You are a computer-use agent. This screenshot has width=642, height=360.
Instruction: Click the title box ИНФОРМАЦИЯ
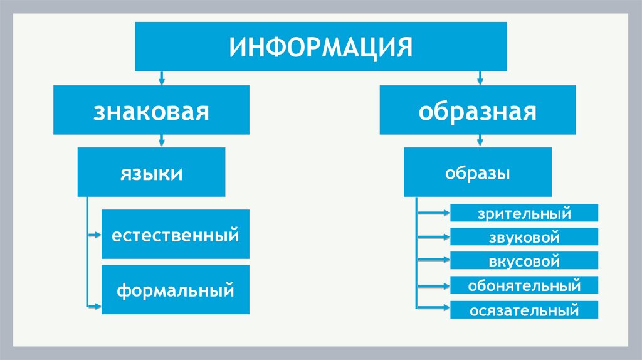coord(320,47)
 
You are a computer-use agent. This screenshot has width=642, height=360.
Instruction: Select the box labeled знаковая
coord(151,110)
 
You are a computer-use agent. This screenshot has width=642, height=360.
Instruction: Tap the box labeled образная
coord(478,110)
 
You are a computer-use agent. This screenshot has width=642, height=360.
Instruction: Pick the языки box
coord(151,172)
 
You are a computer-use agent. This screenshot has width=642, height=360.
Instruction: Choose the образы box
coord(478,172)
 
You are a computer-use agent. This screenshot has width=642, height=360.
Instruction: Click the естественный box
coord(176,235)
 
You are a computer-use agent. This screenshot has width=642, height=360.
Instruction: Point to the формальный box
coord(176,290)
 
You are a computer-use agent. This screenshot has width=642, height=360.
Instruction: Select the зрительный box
coord(524,213)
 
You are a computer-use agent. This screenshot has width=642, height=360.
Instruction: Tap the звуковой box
coord(524,237)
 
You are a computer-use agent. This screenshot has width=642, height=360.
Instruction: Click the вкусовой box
coord(524,262)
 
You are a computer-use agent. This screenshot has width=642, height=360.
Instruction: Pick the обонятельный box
coord(524,286)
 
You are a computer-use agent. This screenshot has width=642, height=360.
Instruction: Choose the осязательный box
coord(524,310)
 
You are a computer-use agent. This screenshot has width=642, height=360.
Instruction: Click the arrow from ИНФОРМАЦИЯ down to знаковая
coord(162,78)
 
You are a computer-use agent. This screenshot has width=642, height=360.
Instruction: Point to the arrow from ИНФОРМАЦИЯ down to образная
coord(480,78)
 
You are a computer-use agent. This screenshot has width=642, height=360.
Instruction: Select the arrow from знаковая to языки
coord(162,140)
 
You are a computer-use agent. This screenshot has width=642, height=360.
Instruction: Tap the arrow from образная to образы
coord(480,140)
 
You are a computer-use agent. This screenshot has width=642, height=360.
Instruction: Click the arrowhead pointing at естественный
coord(96,236)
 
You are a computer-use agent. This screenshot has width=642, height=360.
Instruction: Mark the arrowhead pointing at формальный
coord(96,306)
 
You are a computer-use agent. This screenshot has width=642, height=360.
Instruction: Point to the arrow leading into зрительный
coord(433,213)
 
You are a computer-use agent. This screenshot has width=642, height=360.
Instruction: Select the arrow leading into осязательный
coord(433,308)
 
